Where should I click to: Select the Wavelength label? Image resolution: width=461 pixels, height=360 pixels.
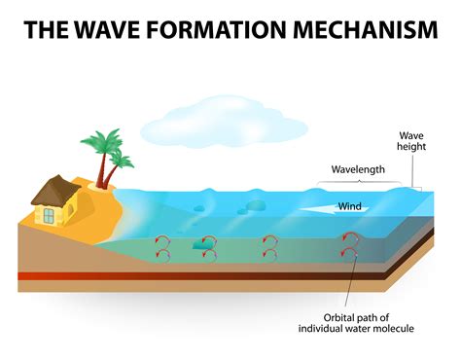click(x=358, y=169)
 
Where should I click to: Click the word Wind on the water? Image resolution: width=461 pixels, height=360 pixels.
click(x=350, y=206)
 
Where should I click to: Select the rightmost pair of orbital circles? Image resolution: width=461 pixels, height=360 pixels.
click(x=347, y=247)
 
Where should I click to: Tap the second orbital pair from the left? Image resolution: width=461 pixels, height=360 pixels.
click(x=206, y=247)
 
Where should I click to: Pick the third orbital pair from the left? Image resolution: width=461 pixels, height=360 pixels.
click(x=269, y=247)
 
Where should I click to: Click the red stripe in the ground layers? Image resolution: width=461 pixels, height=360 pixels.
click(x=195, y=275)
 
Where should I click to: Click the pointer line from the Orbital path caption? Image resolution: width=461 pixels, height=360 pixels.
click(x=354, y=282)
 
